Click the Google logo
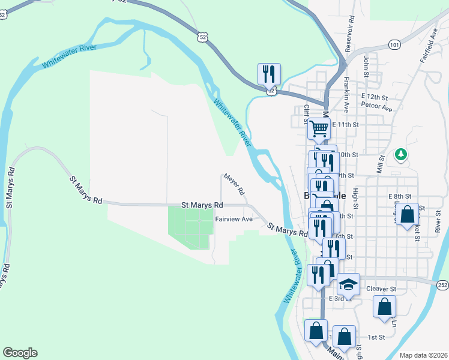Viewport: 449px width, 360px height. [20, 353]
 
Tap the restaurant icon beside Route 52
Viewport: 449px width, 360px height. [268, 74]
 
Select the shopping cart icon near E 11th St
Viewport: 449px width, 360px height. [319, 127]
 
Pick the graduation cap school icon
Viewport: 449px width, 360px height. [348, 283]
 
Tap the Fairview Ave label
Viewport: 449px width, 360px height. [234, 219]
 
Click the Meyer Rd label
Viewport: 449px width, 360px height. [234, 184]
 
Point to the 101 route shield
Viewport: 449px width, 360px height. [394, 44]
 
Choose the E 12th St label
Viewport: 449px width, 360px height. [375, 97]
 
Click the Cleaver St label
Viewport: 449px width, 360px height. [381, 289]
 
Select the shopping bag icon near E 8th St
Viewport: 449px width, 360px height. [407, 214]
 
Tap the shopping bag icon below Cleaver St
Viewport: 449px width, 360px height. [384, 306]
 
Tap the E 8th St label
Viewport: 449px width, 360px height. [399, 196]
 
